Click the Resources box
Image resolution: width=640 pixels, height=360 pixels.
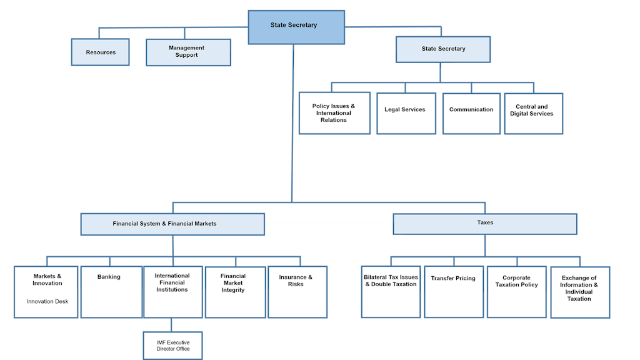100,52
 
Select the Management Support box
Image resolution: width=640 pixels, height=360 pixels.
188,52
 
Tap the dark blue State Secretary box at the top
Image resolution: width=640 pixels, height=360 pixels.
296,27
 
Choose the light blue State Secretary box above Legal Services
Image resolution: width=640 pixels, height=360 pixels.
443,49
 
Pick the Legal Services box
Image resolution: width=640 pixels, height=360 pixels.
406,113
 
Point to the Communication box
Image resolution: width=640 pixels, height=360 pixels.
471,113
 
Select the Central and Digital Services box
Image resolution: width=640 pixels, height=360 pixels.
533,113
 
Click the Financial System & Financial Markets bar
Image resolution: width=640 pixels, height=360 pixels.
172,224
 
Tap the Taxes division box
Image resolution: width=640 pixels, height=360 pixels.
484,223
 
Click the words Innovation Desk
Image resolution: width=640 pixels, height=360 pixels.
47,301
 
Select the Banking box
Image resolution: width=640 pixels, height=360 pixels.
111,291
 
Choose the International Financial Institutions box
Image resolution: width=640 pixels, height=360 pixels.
172,291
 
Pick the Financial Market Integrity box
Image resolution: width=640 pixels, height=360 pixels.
234,291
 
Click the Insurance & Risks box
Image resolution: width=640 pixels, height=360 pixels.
297,291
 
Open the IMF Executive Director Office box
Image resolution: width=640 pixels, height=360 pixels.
172,345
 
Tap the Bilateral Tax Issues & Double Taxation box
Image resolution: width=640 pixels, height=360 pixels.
391,291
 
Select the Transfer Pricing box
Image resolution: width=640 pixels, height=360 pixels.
454,291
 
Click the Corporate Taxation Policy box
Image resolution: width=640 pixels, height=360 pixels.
516,291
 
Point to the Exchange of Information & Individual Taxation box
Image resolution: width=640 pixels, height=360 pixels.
579,291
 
